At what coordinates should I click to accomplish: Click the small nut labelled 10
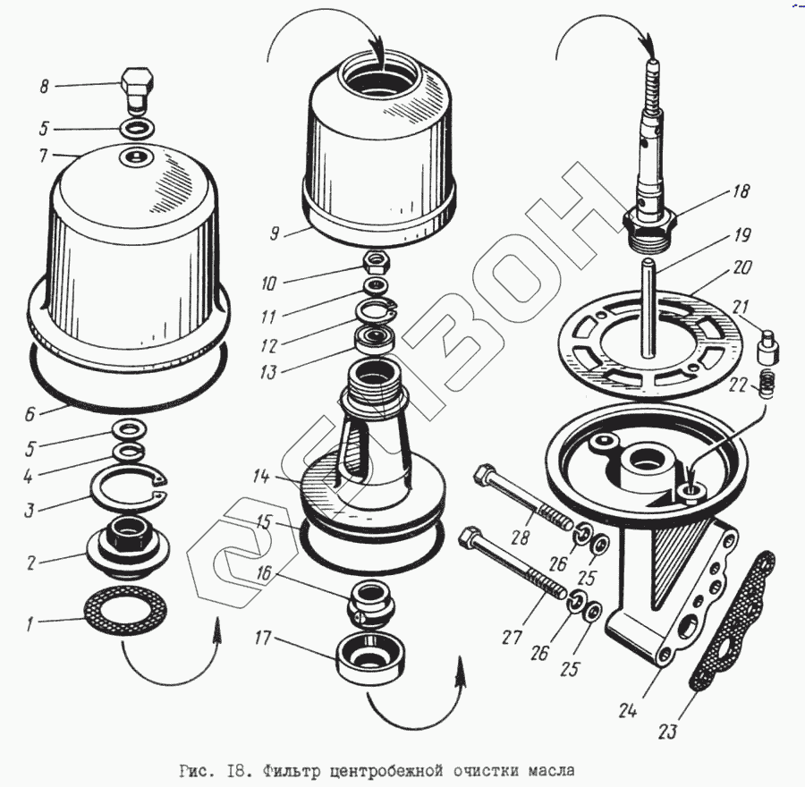click(x=377, y=263)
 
